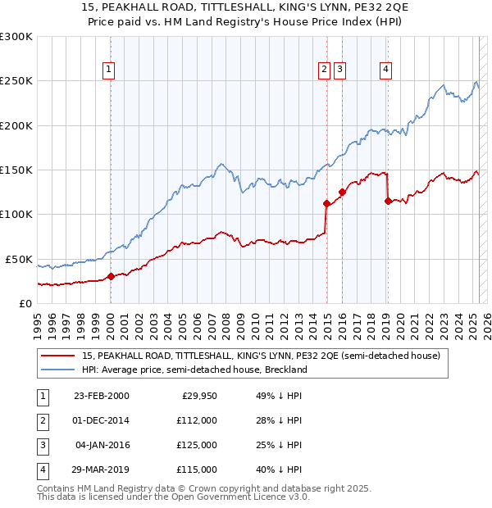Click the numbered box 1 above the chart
109,70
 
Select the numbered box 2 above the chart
326,70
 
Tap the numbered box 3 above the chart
339,70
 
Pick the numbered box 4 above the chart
385,70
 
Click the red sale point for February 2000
112,277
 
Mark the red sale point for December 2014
326,203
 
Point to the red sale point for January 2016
342,192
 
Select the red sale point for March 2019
388,201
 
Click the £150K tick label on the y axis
16,170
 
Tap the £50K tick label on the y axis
20,259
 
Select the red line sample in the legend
59,356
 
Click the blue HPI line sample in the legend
59,370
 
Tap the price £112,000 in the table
197,420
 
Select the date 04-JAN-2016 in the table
102,445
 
